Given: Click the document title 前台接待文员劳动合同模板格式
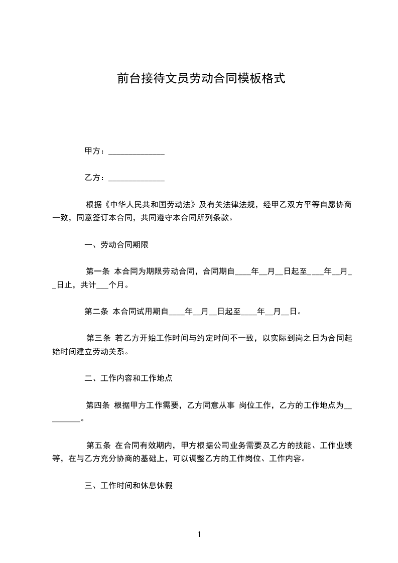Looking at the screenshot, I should [201, 78].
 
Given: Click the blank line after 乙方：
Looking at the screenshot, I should [137, 179].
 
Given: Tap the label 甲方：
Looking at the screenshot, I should [95, 151].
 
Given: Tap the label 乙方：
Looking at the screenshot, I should [95, 178].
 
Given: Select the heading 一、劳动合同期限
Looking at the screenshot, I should [116, 245].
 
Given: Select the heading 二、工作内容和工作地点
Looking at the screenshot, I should [128, 378].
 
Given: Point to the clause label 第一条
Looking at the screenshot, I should [98, 272].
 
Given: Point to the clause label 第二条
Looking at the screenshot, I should [96, 312].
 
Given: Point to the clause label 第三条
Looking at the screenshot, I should [98, 338].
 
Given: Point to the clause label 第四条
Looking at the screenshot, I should [98, 405].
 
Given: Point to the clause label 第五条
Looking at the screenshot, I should [98, 445].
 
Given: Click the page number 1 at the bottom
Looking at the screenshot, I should [199, 535].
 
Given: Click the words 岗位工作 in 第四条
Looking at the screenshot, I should [255, 405].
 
